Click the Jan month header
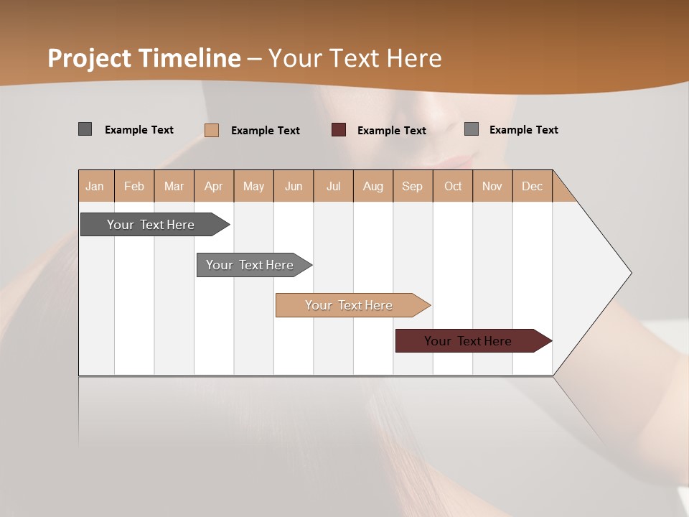tap(95, 186)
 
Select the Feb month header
tap(134, 186)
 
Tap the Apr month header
tap(214, 186)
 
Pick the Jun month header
tap(294, 186)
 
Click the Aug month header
tap(373, 186)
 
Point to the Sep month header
tap(413, 186)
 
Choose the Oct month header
tap(453, 186)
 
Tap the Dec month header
tap(533, 186)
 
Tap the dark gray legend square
tap(85, 129)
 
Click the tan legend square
tap(212, 130)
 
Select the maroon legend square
tap(339, 130)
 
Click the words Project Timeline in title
tap(144, 58)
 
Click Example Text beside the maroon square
tap(392, 131)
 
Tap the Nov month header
tap(492, 186)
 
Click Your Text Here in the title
tap(355, 58)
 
